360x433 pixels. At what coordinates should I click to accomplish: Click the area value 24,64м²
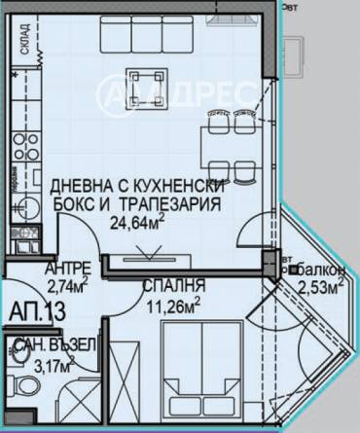pyautogui.click(x=136, y=223)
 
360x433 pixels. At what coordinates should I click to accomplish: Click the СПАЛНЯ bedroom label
pyautogui.click(x=172, y=286)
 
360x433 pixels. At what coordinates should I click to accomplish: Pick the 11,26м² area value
pyautogui.click(x=172, y=303)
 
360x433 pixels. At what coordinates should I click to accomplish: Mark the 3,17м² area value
pyautogui.click(x=53, y=365)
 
